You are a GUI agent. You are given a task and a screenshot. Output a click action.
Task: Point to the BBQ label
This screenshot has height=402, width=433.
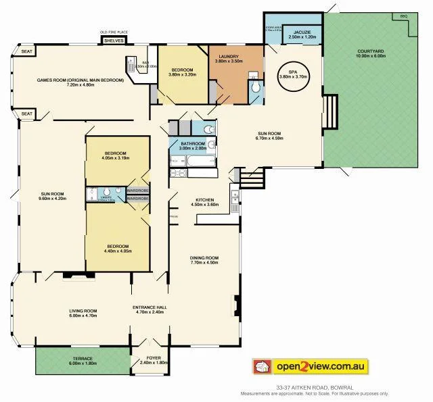(404, 16)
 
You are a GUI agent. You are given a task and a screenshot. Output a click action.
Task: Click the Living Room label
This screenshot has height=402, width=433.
(83, 313)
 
